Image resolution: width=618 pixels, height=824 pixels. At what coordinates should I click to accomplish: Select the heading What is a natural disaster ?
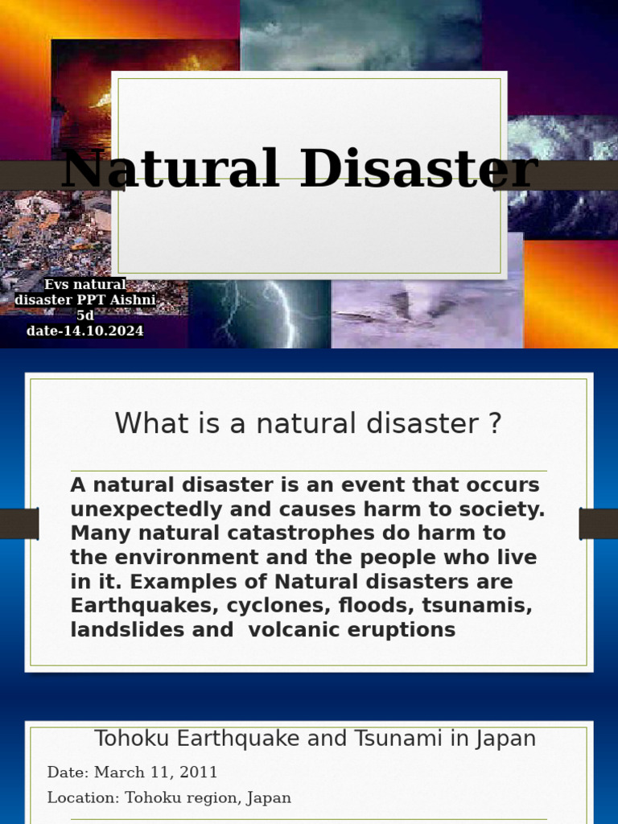click(x=308, y=423)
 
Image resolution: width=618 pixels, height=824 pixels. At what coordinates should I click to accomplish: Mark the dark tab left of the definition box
click(x=19, y=524)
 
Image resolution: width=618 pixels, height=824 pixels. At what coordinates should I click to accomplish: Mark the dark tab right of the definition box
click(x=598, y=524)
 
